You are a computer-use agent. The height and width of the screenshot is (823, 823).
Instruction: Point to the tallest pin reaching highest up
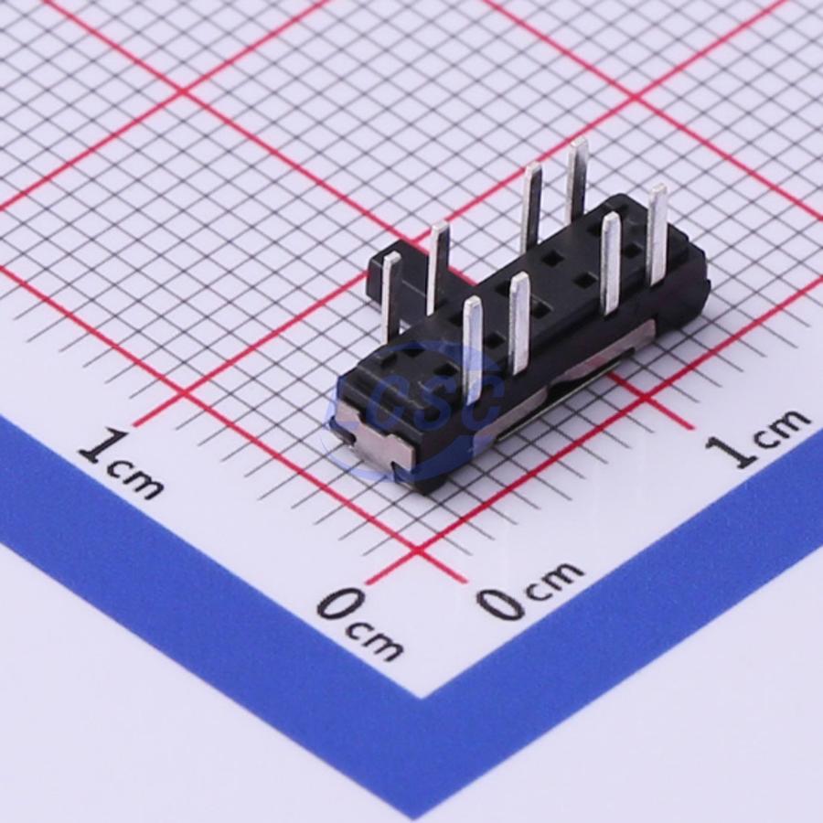pyautogui.click(x=576, y=178)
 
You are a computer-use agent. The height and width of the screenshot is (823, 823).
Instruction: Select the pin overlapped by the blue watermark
pyautogui.click(x=474, y=349)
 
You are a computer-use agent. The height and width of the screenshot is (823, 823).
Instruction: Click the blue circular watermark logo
pyautogui.click(x=414, y=412)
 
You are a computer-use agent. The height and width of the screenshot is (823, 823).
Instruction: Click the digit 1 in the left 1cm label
pyautogui.click(x=102, y=446)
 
